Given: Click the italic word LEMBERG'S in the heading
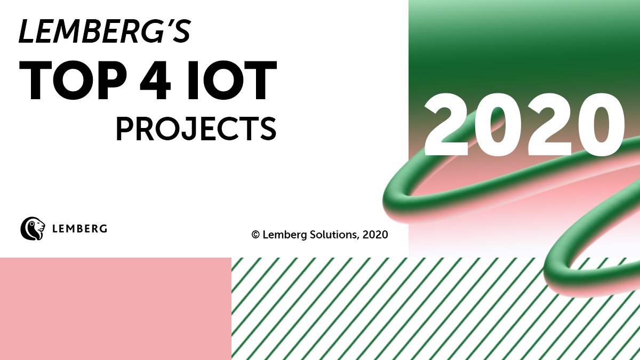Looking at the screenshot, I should click(x=105, y=33).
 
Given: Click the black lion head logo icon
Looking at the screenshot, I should click(x=33, y=228).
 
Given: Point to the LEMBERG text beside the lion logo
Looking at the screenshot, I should click(x=80, y=229).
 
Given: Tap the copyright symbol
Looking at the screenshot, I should click(x=255, y=234).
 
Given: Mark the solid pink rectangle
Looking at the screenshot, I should click(x=115, y=308).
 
